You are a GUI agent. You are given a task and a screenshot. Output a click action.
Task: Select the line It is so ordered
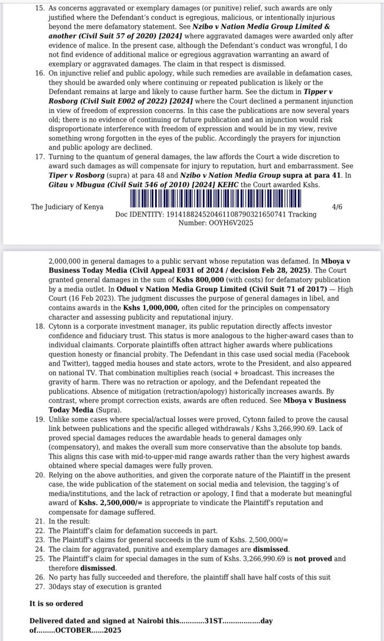tap(56, 604)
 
